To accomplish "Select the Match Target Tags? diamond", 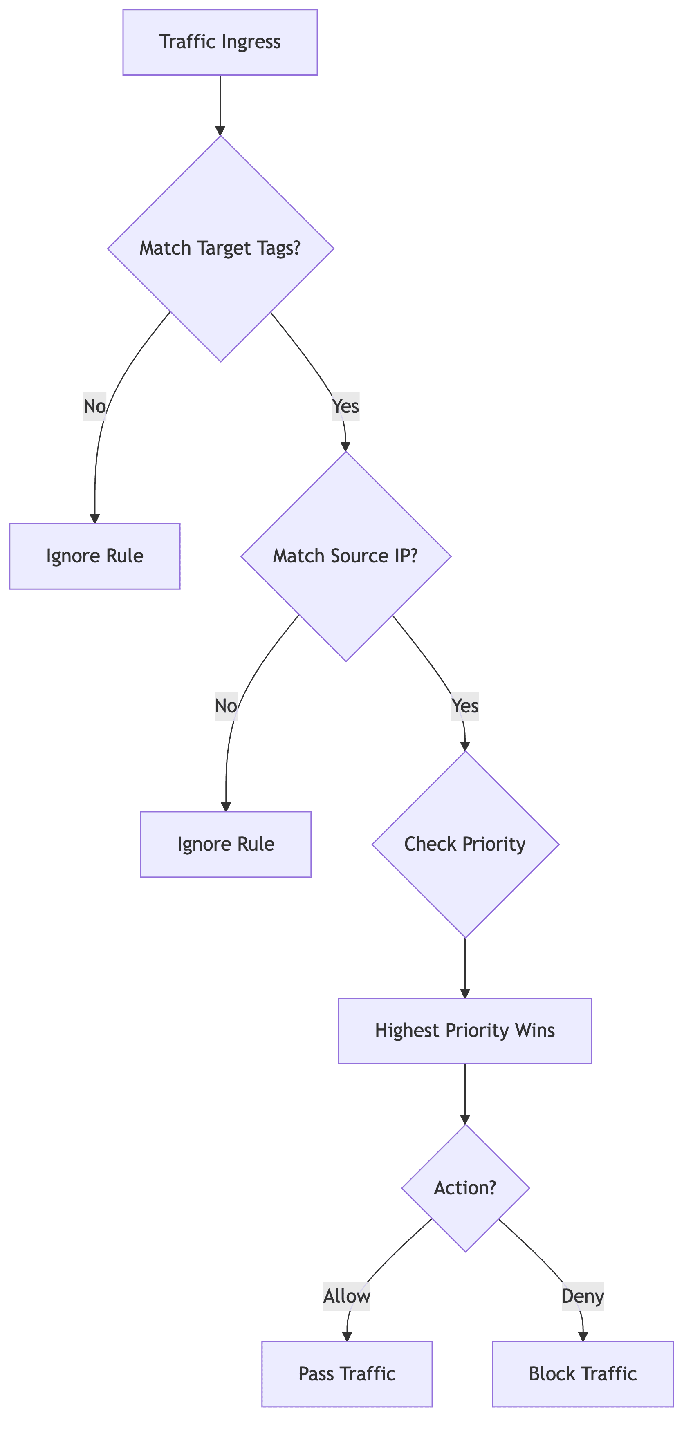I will (x=220, y=249).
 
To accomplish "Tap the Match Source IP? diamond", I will (x=345, y=556).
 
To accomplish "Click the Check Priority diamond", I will (x=465, y=845).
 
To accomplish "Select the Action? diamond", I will (x=465, y=1188).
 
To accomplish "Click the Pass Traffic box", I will (x=347, y=1373).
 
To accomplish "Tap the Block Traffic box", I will (x=583, y=1373).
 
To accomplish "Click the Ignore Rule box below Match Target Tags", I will (x=95, y=556).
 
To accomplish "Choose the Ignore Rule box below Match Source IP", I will (x=226, y=845).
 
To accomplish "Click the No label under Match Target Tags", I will (x=95, y=406).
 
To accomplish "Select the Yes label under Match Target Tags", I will (x=345, y=406).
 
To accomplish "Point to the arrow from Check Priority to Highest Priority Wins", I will (x=465, y=968).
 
